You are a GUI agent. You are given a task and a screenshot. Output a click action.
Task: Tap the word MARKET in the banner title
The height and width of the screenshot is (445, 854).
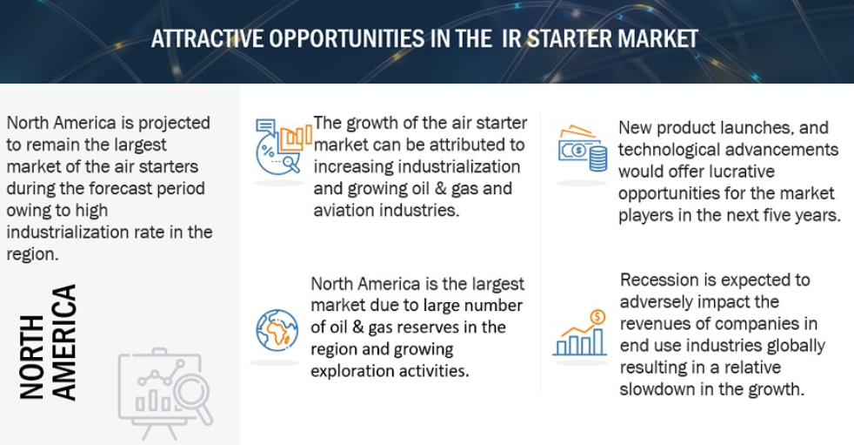(657, 38)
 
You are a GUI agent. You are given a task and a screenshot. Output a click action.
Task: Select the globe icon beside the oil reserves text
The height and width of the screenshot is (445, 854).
(277, 329)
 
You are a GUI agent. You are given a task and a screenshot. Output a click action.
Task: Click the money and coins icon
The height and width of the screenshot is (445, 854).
(582, 148)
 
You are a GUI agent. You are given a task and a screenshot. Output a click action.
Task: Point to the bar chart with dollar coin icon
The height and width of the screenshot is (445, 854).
(579, 333)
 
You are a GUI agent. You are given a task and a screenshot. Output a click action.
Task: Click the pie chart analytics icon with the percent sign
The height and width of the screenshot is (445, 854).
(284, 146)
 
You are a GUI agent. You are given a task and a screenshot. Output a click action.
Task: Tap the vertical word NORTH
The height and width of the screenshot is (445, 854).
(31, 357)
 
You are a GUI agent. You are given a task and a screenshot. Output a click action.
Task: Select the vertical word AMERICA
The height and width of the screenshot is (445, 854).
(64, 342)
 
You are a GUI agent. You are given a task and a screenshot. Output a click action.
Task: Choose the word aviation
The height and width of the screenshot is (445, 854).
(344, 210)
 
